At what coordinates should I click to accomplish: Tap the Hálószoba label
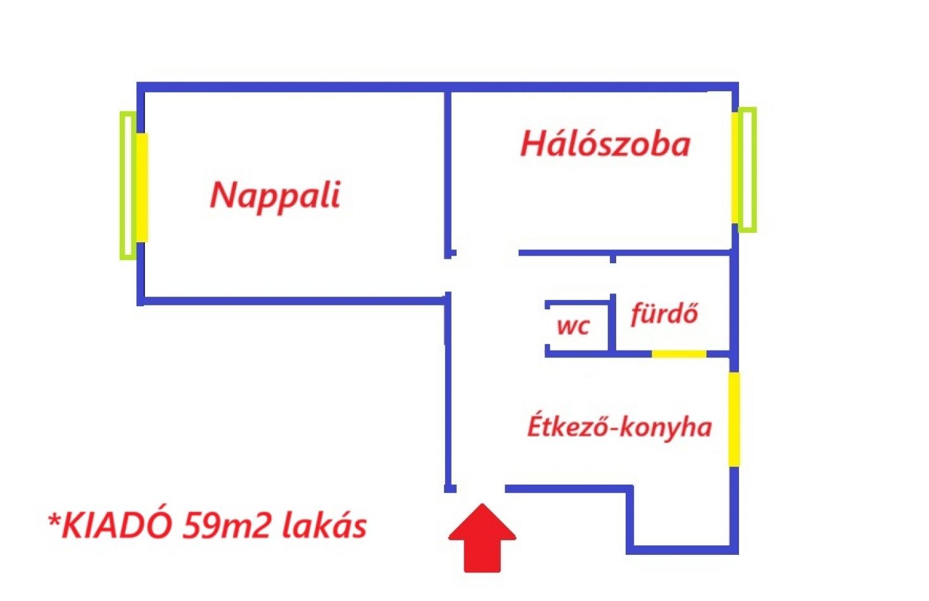[605, 144]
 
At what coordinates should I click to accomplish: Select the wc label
[573, 326]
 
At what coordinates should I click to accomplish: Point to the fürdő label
[664, 314]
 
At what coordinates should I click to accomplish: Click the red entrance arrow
[482, 538]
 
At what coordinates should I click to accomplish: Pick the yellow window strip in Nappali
[142, 188]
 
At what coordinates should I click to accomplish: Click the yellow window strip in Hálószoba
[735, 168]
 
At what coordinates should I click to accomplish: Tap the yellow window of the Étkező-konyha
[734, 419]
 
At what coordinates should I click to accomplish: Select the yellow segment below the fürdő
[679, 354]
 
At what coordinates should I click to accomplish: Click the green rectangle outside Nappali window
[127, 185]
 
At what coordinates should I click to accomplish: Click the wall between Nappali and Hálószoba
[448, 174]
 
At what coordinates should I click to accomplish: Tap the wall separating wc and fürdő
[612, 323]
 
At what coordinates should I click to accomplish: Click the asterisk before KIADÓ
[54, 519]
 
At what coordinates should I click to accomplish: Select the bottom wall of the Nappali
[293, 301]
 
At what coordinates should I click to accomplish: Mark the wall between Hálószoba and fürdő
[624, 252]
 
